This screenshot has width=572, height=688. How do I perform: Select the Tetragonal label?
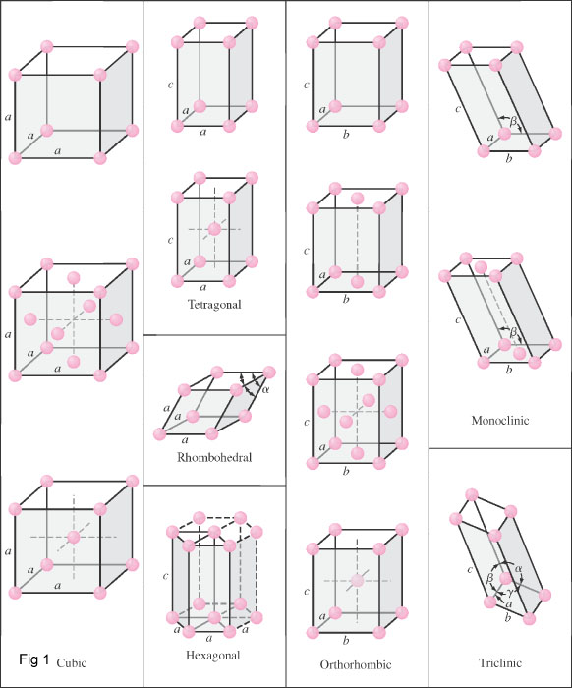point(214,305)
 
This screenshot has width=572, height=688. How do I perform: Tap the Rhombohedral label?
point(214,457)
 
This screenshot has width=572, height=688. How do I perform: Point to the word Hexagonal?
point(213,656)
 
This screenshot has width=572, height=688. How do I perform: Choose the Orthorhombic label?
point(356,665)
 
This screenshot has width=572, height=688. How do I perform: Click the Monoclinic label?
point(499,420)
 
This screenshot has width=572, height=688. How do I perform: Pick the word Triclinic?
point(499,665)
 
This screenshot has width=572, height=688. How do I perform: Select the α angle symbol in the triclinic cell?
point(518,567)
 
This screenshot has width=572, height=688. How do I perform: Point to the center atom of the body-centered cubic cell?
point(74,537)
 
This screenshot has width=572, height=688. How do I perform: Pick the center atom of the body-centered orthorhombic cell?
point(357,581)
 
